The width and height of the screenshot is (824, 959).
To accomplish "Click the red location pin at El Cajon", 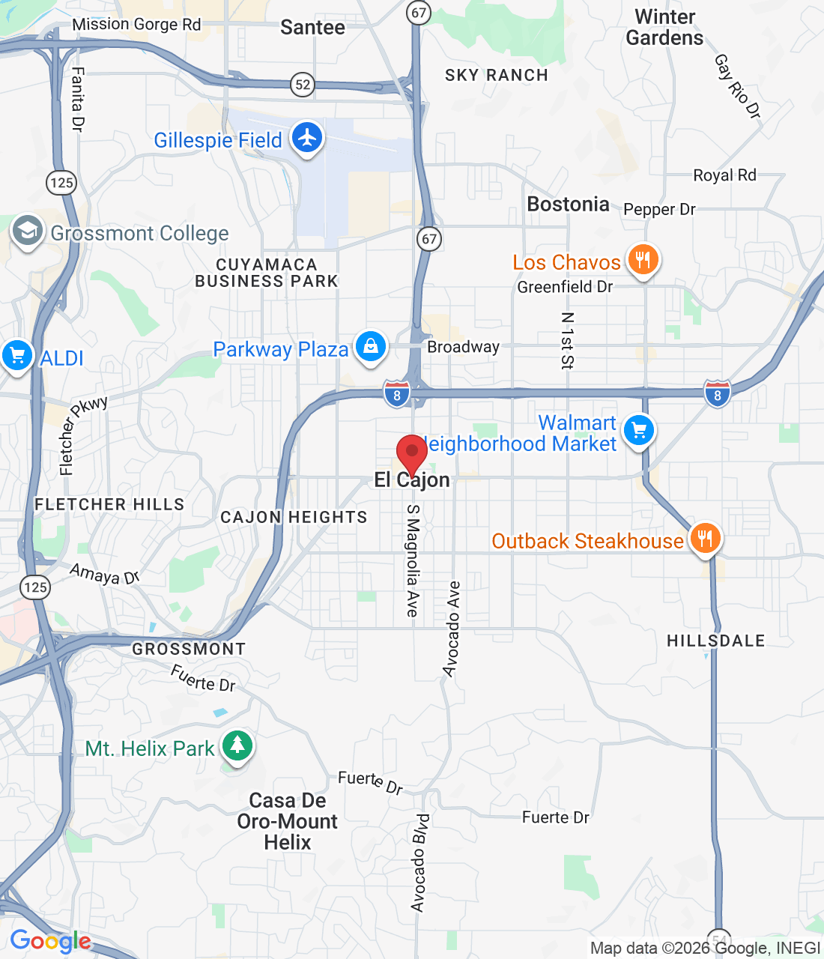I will point(411,453).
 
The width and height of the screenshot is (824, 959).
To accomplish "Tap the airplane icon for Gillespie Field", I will point(307,138).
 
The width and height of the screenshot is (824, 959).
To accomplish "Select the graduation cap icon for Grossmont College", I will point(28,232).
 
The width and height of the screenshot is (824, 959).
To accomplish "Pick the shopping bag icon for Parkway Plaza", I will point(370,346).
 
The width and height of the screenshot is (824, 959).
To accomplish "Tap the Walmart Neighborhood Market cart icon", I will point(638,430).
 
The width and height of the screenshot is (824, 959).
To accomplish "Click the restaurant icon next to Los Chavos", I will point(643,260).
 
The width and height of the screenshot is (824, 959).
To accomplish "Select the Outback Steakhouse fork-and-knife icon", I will point(704,538).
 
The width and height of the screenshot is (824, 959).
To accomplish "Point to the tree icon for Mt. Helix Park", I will point(237,745).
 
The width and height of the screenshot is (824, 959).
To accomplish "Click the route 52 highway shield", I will point(303,85).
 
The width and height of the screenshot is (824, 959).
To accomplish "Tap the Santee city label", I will point(312,28).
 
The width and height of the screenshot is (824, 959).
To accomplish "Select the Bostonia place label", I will point(568,205).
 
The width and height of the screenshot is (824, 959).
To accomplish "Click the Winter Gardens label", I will point(664,28).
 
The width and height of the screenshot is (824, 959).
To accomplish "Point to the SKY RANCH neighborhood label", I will point(496,75).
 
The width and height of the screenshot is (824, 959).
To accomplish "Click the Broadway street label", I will point(463,347).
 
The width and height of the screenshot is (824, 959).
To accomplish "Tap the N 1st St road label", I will point(567,341).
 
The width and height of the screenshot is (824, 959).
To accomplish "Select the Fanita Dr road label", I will point(77,99).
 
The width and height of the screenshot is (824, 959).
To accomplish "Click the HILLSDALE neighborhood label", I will point(715,641).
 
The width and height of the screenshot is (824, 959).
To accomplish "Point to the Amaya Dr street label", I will point(105,575).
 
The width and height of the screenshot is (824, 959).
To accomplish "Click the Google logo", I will point(50,941).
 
